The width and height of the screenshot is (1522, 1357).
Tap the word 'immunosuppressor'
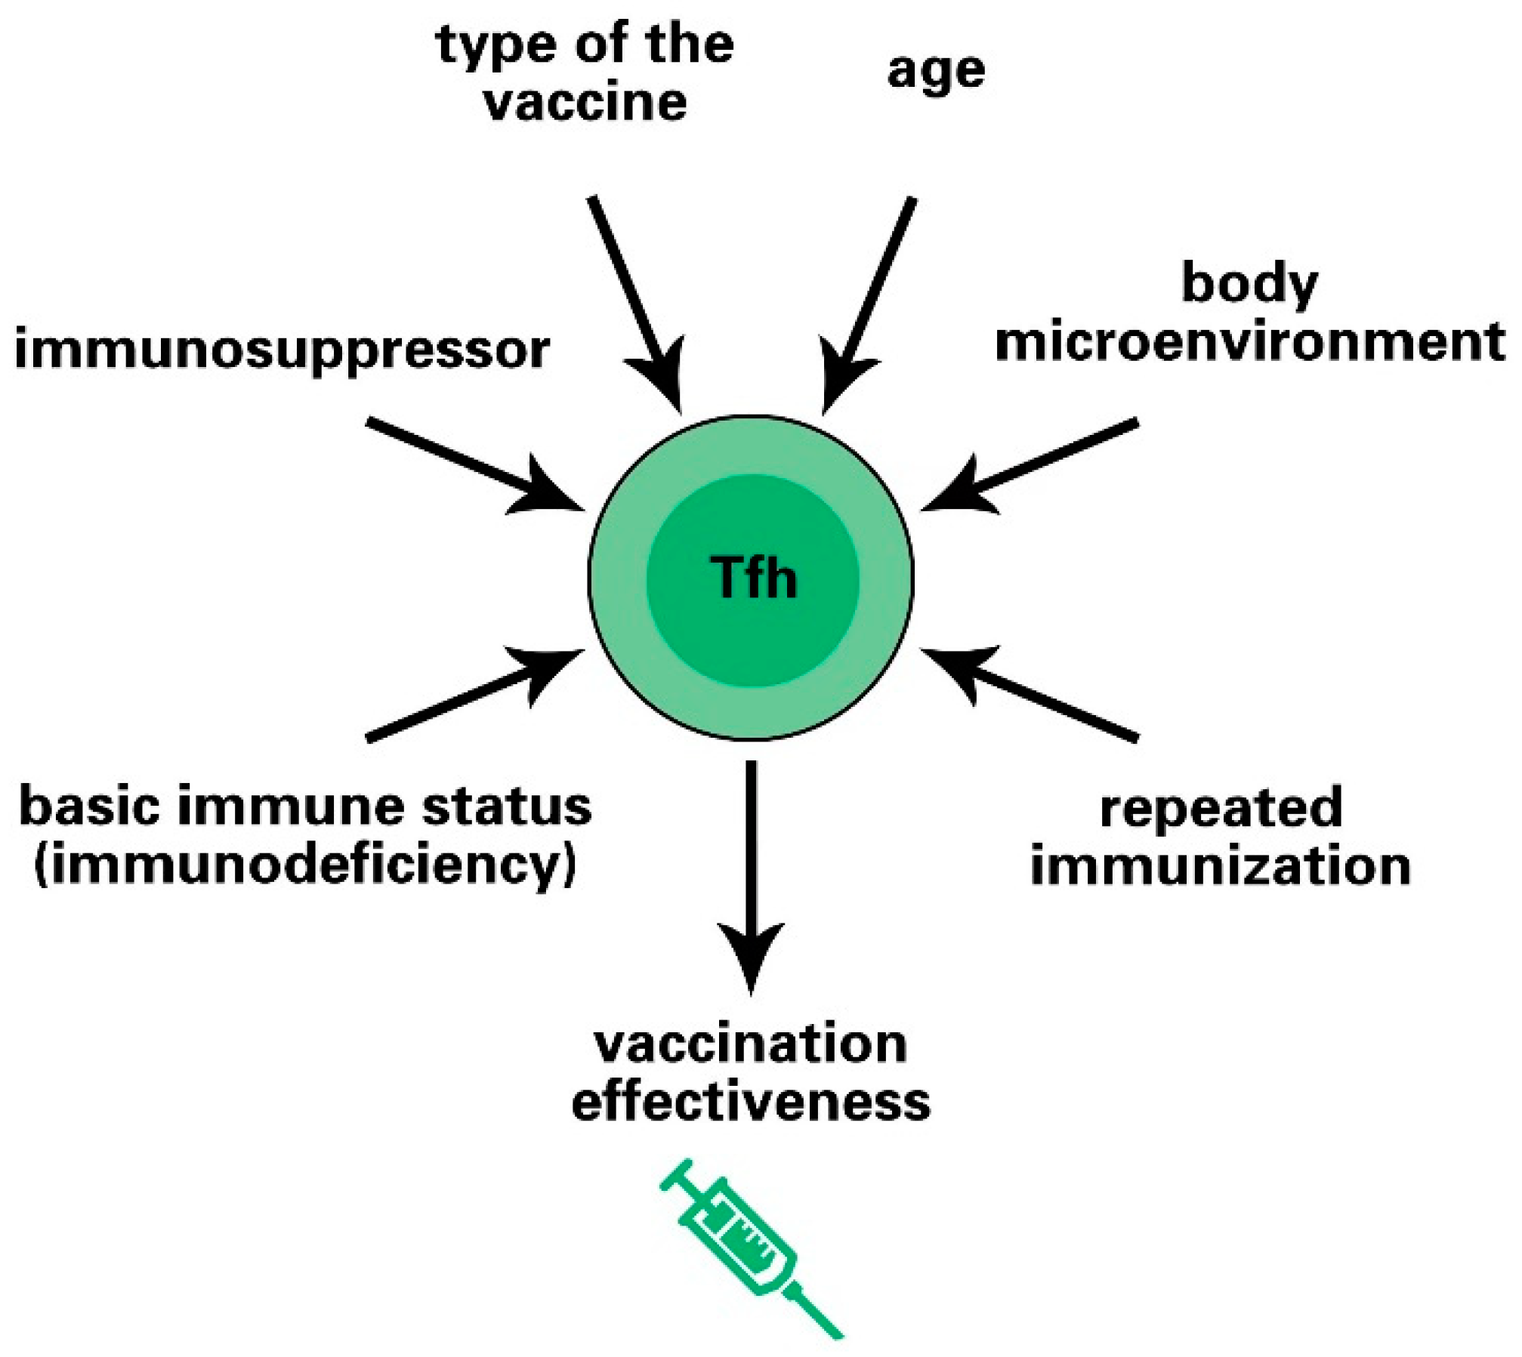click(x=282, y=350)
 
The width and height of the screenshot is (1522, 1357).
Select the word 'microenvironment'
click(x=1250, y=341)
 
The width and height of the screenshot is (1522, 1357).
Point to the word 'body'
click(x=1249, y=285)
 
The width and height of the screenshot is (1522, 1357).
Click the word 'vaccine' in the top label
click(x=585, y=103)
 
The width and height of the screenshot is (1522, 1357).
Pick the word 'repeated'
click(x=1221, y=807)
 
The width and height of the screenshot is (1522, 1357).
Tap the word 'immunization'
click(x=1221, y=865)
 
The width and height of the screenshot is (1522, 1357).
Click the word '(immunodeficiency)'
click(x=305, y=865)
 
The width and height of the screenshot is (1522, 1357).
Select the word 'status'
click(x=507, y=806)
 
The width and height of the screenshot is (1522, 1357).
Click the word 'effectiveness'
click(x=751, y=1102)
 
